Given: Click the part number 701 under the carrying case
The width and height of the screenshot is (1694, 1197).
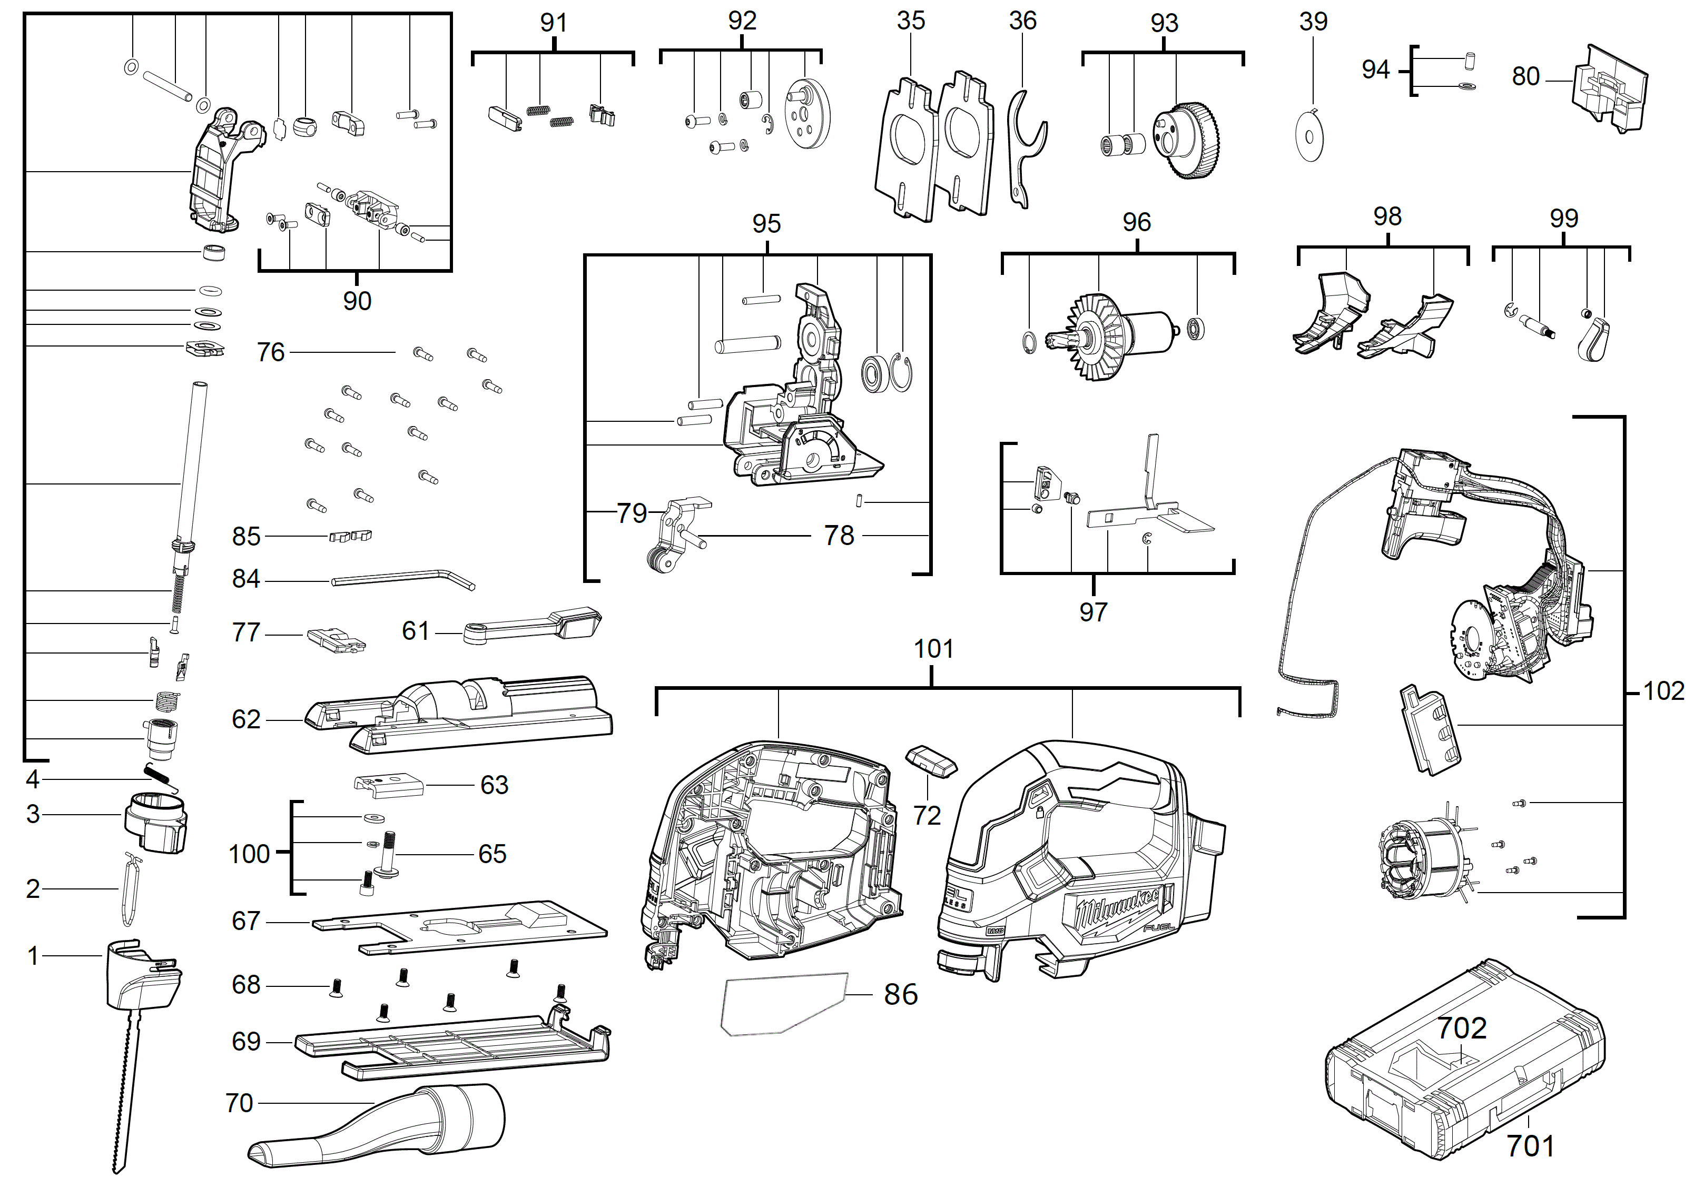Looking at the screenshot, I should click(1530, 1145).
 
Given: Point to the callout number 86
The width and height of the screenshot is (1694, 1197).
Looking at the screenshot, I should click(900, 994).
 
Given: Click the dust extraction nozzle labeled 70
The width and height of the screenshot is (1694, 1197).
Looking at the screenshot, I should click(383, 1125).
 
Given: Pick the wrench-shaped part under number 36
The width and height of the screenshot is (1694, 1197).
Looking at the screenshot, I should click(1024, 147).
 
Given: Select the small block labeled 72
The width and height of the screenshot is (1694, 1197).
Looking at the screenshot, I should click(931, 760).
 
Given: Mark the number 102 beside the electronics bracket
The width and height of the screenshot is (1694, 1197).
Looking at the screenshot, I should click(1663, 691).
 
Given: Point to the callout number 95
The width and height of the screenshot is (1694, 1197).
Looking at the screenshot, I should click(766, 223).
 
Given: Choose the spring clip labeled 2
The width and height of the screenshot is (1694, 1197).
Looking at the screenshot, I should click(130, 889).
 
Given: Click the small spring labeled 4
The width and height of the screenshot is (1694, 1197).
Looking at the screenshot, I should click(160, 778).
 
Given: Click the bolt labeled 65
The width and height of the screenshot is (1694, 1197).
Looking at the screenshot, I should click(389, 856).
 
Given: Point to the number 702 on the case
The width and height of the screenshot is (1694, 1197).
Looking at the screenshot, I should click(1461, 1028).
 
